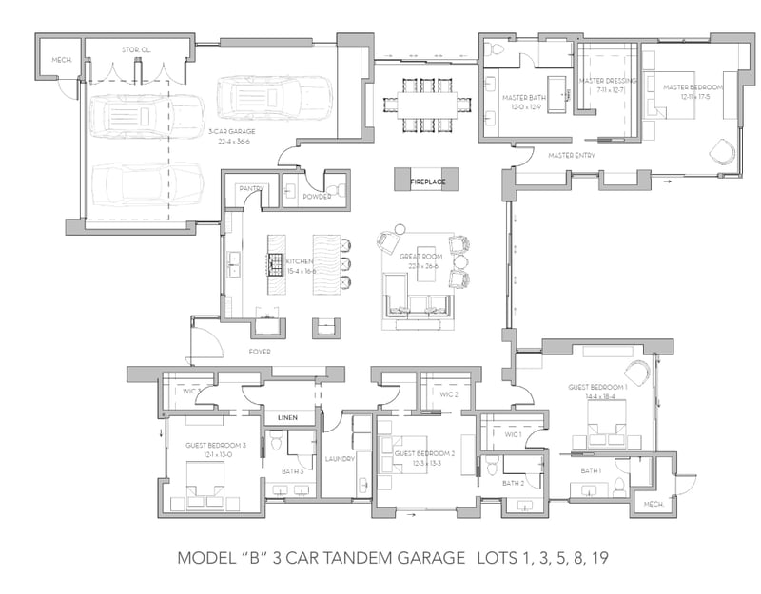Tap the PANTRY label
(x=251, y=189)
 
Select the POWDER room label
(x=316, y=197)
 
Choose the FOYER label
(x=260, y=352)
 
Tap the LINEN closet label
(x=287, y=418)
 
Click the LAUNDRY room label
(x=341, y=459)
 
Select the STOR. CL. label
(x=133, y=48)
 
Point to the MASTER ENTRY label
(x=572, y=155)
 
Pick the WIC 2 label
(x=449, y=394)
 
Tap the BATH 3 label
(x=293, y=470)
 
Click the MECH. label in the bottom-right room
(x=654, y=504)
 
